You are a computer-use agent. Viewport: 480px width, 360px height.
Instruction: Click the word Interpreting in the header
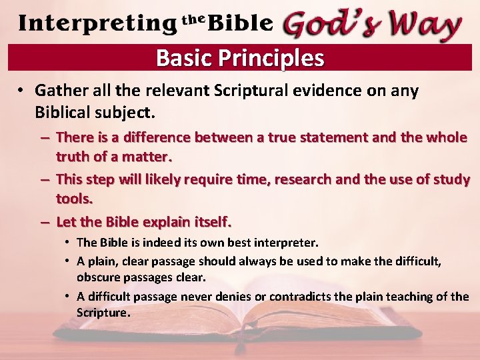tap(97, 24)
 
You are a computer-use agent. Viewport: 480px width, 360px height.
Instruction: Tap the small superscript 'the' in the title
tap(193, 19)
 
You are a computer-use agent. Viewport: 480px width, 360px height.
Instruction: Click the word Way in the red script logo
tap(424, 25)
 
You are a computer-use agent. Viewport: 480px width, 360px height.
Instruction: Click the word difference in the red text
tap(159, 137)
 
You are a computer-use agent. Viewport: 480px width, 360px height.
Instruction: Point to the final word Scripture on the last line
tap(103, 313)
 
